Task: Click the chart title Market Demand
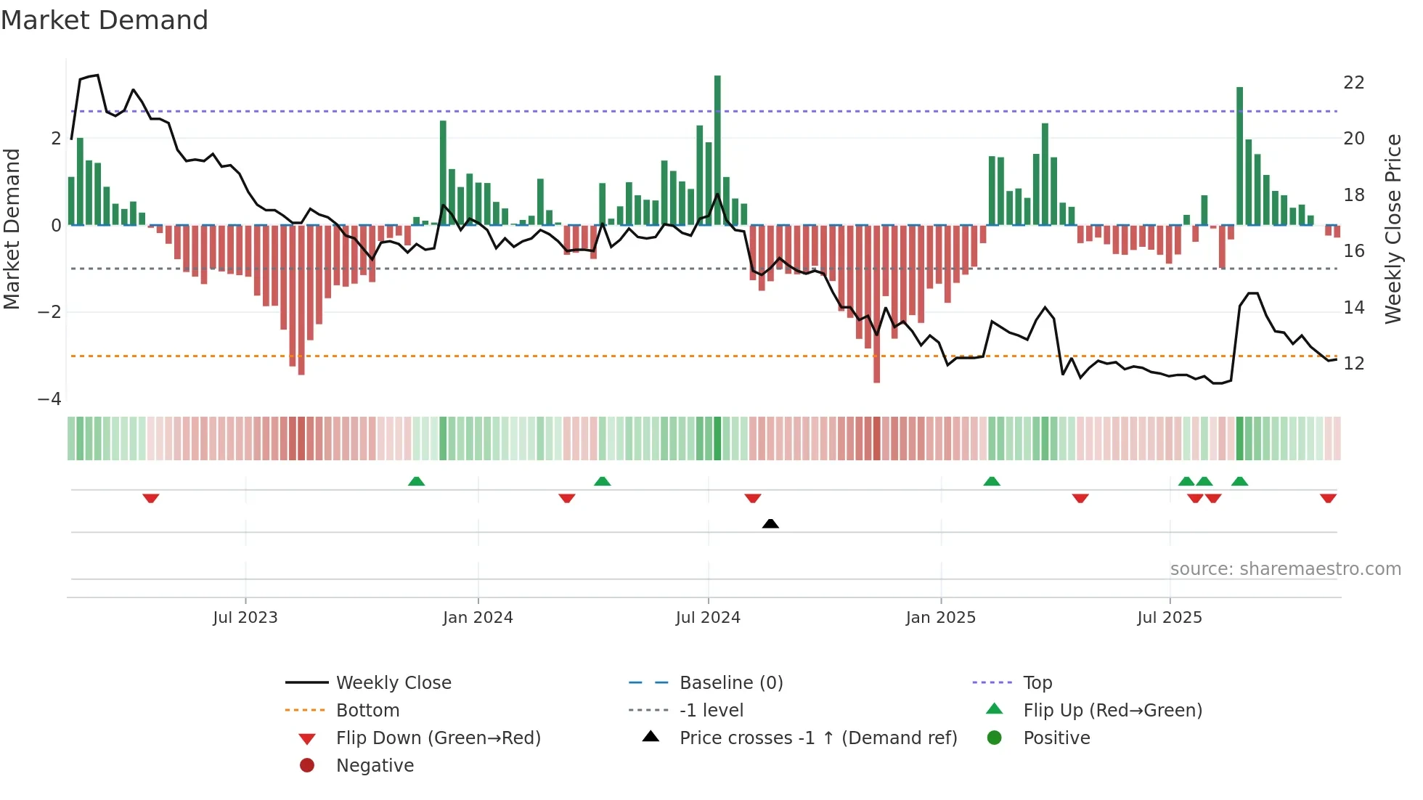tap(105, 20)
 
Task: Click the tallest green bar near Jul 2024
tap(717, 149)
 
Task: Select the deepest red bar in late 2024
tap(876, 305)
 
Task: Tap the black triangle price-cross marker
tap(770, 523)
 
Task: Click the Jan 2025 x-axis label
tap(940, 618)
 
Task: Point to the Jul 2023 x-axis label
tap(245, 618)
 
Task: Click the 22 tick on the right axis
tap(1353, 83)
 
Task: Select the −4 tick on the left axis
tap(49, 399)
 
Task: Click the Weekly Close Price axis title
tap(1393, 229)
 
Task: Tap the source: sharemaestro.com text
tap(1285, 569)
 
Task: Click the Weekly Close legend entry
tap(393, 683)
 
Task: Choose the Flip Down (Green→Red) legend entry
tap(438, 738)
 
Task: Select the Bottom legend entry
tap(367, 711)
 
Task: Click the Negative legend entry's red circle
tap(307, 766)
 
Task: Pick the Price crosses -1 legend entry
tap(817, 738)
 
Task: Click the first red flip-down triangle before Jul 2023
tap(150, 498)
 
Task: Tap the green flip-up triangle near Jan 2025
tap(991, 481)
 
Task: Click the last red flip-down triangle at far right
tap(1328, 498)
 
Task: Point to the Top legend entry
tap(1037, 683)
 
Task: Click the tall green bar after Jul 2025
tap(1239, 156)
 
